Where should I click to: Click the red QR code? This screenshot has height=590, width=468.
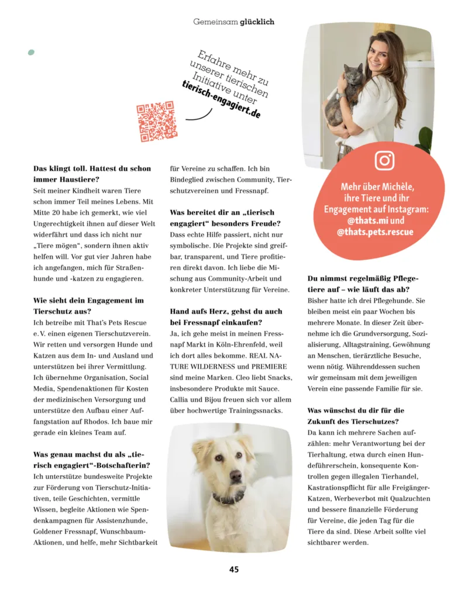click(x=156, y=122)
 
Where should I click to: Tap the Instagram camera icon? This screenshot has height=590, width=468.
click(x=384, y=160)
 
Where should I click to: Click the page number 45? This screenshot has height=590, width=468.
click(x=234, y=570)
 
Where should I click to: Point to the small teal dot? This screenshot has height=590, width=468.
click(x=31, y=52)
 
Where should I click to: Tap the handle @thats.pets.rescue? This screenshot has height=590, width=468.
click(x=374, y=232)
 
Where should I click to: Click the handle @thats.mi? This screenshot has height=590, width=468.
click(x=365, y=221)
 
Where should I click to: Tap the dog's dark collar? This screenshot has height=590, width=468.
click(x=230, y=499)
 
